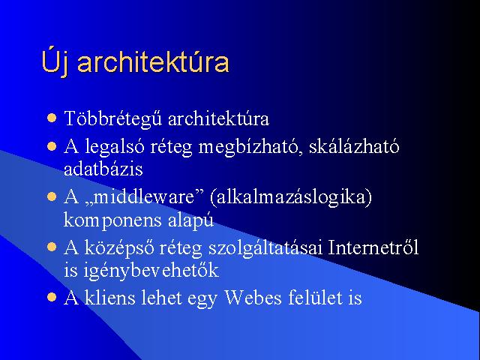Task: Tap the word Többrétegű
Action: click(x=113, y=118)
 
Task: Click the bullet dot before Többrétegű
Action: click(x=52, y=118)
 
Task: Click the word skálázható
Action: click(x=354, y=146)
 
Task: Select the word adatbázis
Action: click(x=103, y=168)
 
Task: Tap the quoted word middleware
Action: click(x=144, y=196)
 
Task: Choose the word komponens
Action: click(x=112, y=220)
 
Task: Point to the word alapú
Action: click(x=190, y=220)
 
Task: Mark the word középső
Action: click(x=119, y=248)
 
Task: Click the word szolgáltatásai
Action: click(x=265, y=248)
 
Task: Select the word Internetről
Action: click(x=373, y=247)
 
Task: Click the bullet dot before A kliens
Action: click(x=52, y=297)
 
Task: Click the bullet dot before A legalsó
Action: click(x=52, y=146)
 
